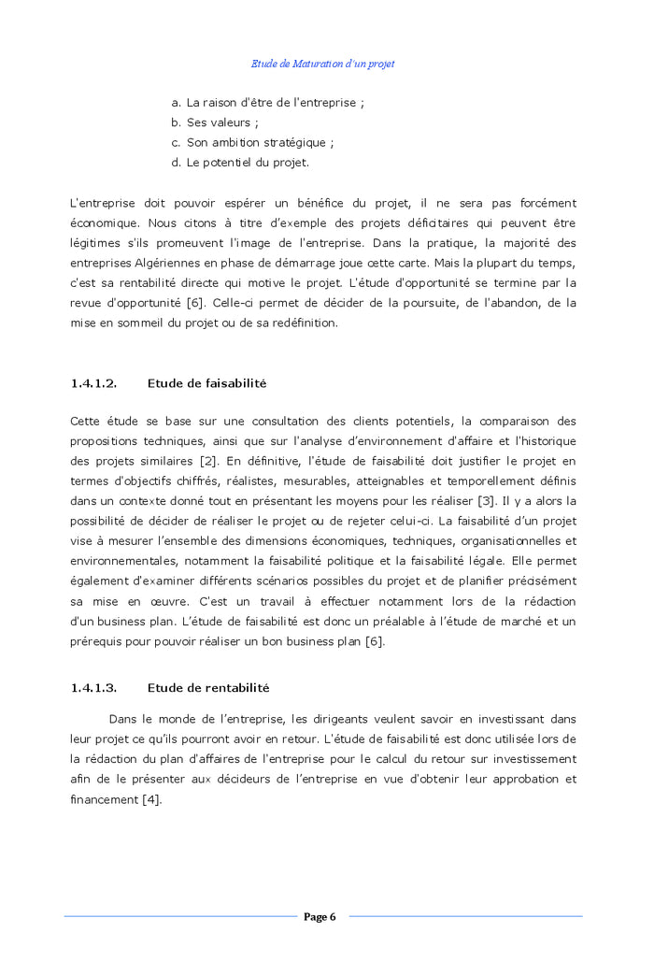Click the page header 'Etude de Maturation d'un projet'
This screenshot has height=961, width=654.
point(322,64)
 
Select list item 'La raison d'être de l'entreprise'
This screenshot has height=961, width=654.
point(271,103)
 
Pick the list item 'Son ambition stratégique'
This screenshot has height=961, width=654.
point(258,143)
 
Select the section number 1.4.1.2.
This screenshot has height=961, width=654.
point(93,383)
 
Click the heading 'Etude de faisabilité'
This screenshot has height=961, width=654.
point(206,383)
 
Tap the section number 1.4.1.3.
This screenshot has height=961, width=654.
point(93,688)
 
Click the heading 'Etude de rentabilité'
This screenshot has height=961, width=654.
point(208,688)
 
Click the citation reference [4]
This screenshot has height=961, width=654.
point(151,799)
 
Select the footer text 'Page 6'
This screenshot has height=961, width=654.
point(320,917)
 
